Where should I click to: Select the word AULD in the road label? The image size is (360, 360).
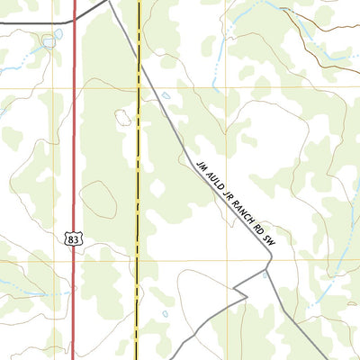[x=212, y=179]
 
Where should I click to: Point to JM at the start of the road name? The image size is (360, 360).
[x=201, y=165]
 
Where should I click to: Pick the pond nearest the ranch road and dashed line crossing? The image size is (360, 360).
[x=166, y=95]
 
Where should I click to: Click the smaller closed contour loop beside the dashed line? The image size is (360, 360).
[x=123, y=117]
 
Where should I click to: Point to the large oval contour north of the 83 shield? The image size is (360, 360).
[x=98, y=199]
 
